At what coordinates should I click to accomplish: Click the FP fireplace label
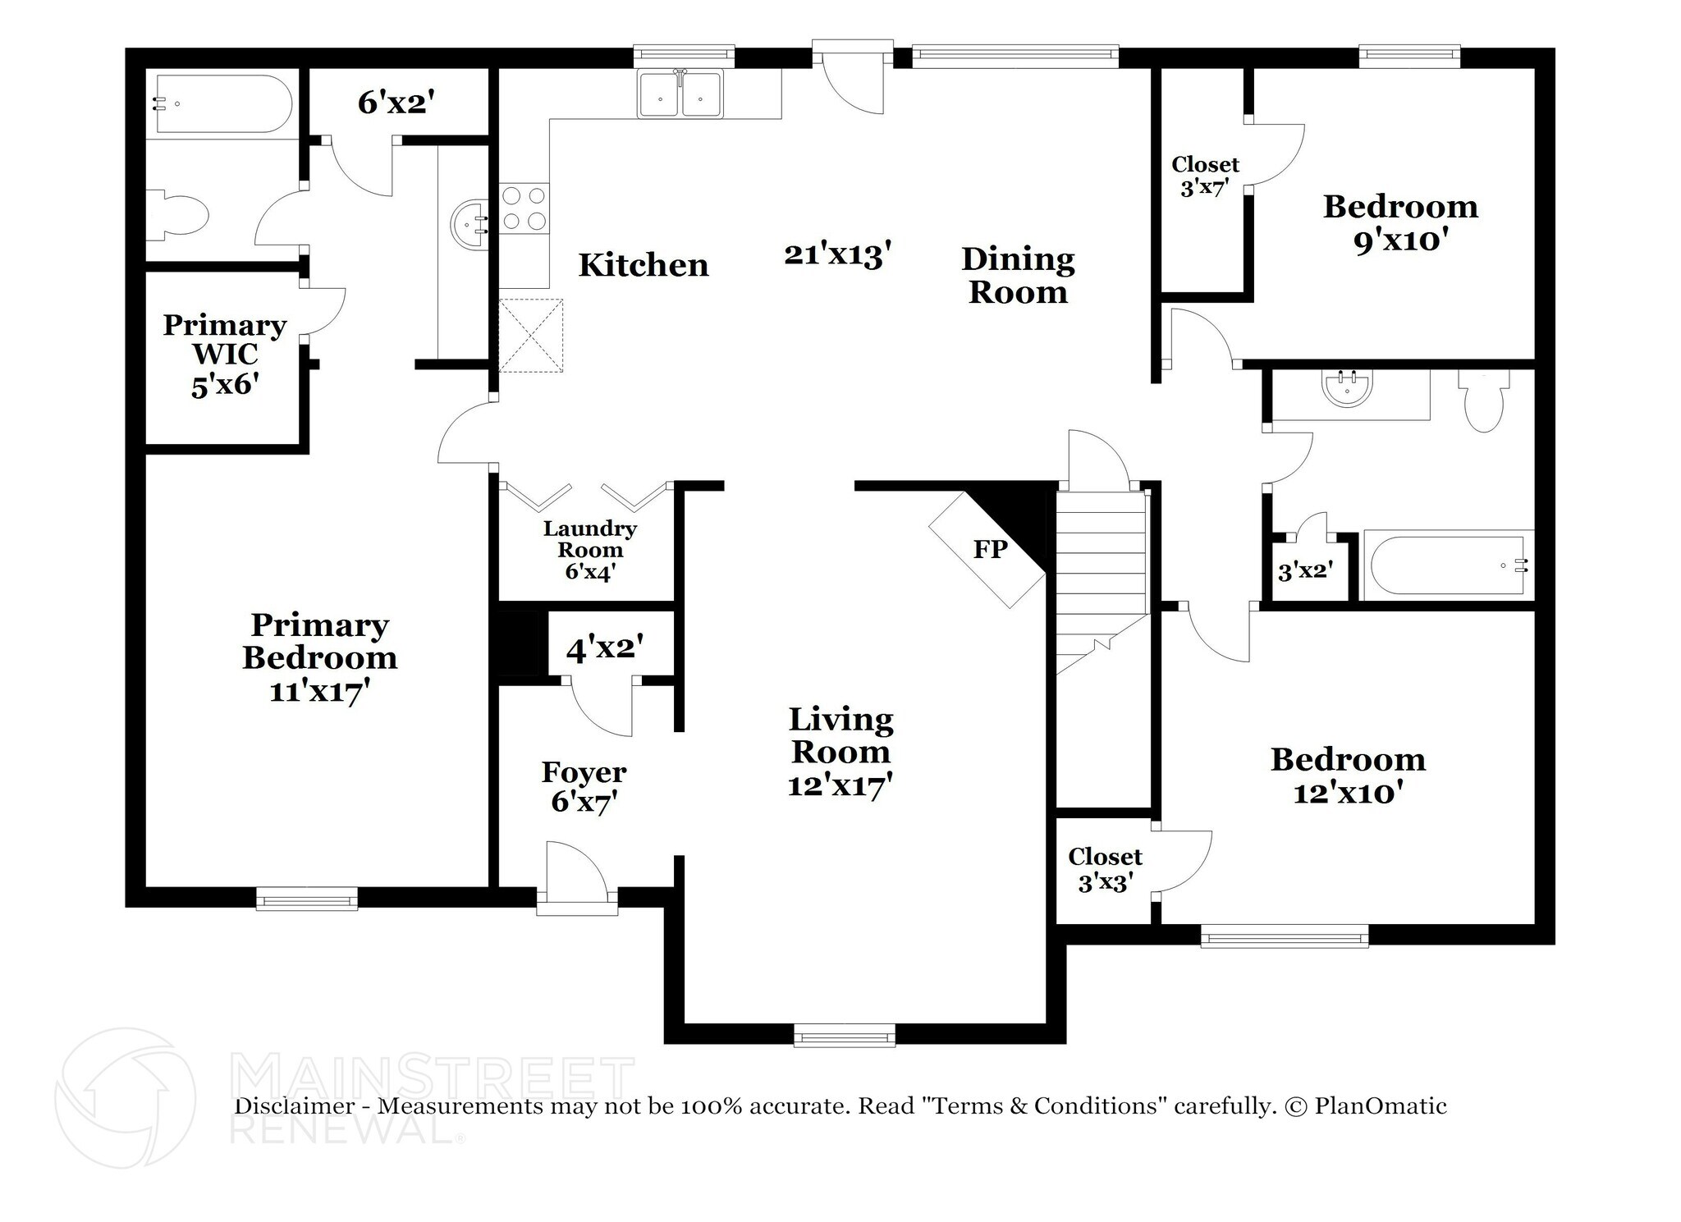coord(990,549)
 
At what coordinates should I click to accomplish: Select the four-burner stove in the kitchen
coord(524,208)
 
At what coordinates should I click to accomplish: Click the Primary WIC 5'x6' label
coord(225,355)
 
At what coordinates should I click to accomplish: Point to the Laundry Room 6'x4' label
coord(589,550)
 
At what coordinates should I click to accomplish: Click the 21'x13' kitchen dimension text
coord(837,254)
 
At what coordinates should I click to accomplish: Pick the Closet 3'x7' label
coord(1204,176)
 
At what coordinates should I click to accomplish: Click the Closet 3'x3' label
coord(1105,870)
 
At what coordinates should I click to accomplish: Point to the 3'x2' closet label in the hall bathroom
coord(1305,570)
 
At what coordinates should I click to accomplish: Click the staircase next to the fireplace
coord(1100,574)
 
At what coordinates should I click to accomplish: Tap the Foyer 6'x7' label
coord(584,786)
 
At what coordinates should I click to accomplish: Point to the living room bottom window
coord(844,1036)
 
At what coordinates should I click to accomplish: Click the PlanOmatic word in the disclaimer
coord(1380,1106)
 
